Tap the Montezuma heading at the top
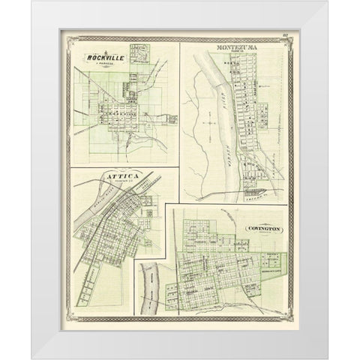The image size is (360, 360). pos(238,47)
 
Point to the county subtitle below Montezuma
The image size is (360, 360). pos(238,52)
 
